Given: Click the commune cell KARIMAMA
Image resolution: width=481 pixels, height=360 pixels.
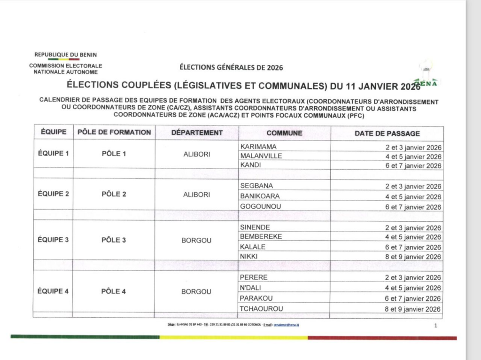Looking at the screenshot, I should [258, 147].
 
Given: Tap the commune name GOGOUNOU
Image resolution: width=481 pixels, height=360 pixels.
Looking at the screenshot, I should [260, 206].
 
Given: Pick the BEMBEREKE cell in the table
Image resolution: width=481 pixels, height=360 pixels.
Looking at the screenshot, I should [261, 236].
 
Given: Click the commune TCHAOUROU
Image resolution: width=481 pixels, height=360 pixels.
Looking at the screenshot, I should [262, 309].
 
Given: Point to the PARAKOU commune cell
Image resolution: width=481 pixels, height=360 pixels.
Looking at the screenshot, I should [256, 298].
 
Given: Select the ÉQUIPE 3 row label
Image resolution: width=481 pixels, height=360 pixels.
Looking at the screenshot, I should [53, 240].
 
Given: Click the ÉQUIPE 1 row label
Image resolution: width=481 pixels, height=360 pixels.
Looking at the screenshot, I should [53, 153].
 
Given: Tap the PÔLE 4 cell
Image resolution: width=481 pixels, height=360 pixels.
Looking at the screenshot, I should [114, 291].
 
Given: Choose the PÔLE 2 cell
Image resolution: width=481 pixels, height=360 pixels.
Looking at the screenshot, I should [114, 194].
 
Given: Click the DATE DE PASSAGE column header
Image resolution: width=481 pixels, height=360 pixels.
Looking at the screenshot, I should [387, 133].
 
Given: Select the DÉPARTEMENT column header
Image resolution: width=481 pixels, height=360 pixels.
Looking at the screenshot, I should [197, 133].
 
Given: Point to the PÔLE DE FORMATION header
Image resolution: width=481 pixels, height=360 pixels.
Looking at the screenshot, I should [114, 133].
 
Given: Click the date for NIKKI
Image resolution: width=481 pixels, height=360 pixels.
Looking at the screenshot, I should [413, 257].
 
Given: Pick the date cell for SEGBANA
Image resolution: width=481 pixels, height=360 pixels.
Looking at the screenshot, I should [413, 187].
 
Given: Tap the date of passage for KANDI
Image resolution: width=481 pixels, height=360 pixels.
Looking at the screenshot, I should [413, 166].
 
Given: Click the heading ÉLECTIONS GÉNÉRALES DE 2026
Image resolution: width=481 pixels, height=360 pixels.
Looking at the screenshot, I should [231, 68].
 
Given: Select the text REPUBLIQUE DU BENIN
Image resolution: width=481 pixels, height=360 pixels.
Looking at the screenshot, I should [65, 55].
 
